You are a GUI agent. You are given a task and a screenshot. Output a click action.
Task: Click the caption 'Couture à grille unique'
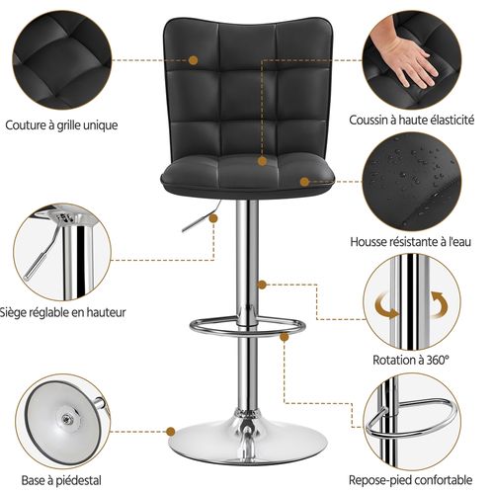click(60, 124)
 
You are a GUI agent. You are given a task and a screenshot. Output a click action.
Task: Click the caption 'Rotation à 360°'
click(410, 361)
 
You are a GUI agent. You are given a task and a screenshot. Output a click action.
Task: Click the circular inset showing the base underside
click(61, 425)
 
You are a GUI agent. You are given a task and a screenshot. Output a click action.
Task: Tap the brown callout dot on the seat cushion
click(303, 182)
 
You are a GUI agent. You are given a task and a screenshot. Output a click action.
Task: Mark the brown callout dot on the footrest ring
click(284, 335)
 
